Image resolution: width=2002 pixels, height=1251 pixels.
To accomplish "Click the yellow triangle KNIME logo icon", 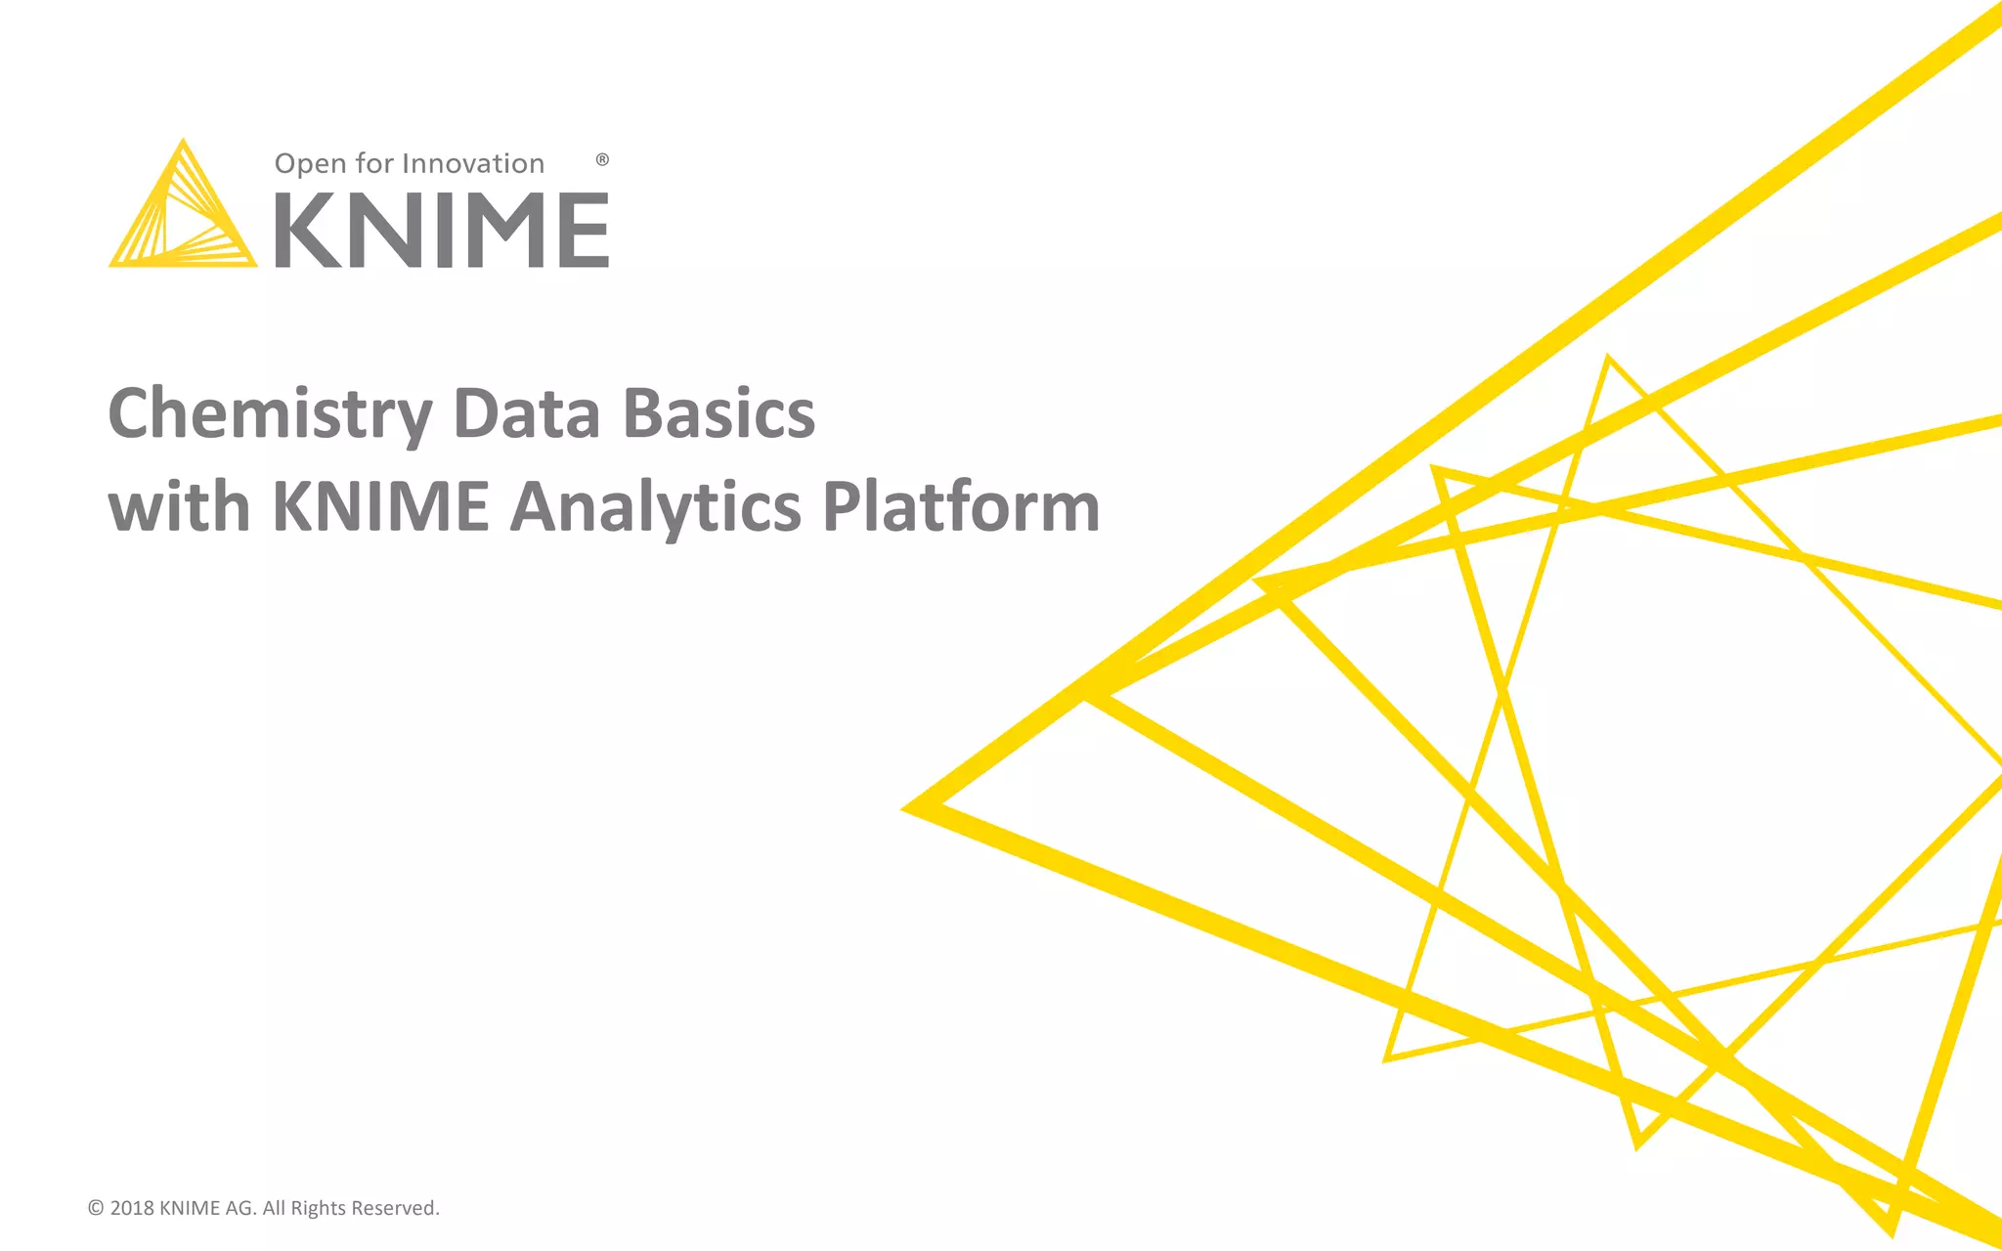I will pyautogui.click(x=182, y=211).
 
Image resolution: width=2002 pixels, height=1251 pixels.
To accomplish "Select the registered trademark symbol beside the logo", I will pyautogui.click(x=602, y=159).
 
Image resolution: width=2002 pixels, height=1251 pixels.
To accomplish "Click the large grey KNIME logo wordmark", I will pyautogui.click(x=441, y=231).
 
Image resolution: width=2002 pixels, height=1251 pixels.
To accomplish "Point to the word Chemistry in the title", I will pyautogui.click(x=270, y=414).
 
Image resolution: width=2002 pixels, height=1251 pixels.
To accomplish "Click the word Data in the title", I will pyautogui.click(x=526, y=414).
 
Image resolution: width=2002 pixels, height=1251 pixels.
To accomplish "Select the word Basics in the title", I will pyautogui.click(x=718, y=414).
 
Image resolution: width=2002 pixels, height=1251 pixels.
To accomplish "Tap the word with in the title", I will pyautogui.click(x=179, y=507).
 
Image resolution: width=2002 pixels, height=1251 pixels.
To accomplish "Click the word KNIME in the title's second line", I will pyautogui.click(x=380, y=507).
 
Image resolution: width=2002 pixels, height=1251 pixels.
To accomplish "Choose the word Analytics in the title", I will pyautogui.click(x=656, y=509).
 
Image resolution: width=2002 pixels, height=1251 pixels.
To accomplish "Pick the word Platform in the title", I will pyautogui.click(x=961, y=507).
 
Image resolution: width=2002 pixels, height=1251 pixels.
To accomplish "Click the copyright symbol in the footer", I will pyautogui.click(x=96, y=1208).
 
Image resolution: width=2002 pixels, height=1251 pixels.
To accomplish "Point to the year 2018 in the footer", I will pyautogui.click(x=132, y=1208).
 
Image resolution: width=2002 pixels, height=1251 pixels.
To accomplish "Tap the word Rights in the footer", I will pyautogui.click(x=318, y=1209).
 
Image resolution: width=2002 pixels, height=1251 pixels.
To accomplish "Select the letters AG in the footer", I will pyautogui.click(x=240, y=1208).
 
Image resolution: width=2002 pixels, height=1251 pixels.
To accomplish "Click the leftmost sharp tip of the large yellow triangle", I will pyautogui.click(x=907, y=808).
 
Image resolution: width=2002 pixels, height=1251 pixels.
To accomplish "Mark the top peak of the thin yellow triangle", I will pyautogui.click(x=1608, y=360).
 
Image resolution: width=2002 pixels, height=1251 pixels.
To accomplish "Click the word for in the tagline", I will pyautogui.click(x=373, y=163).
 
